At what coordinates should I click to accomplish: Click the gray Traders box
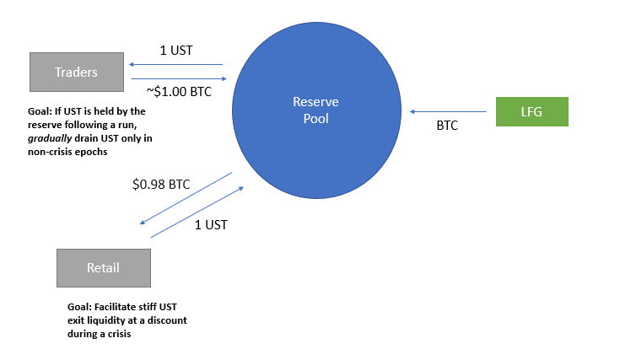tap(77, 73)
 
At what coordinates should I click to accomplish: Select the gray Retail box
tap(103, 268)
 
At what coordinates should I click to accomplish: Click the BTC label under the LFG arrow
tap(447, 126)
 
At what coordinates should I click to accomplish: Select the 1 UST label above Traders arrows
tap(175, 51)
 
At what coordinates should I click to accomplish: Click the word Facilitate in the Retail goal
tap(120, 308)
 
